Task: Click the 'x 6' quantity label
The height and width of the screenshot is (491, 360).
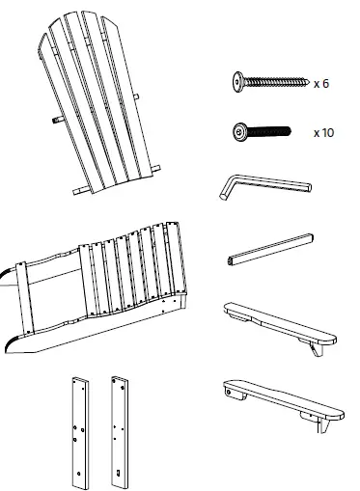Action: click(x=321, y=84)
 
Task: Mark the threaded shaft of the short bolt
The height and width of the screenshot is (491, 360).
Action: click(x=275, y=130)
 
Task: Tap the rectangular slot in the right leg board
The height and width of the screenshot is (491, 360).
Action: click(x=118, y=472)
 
